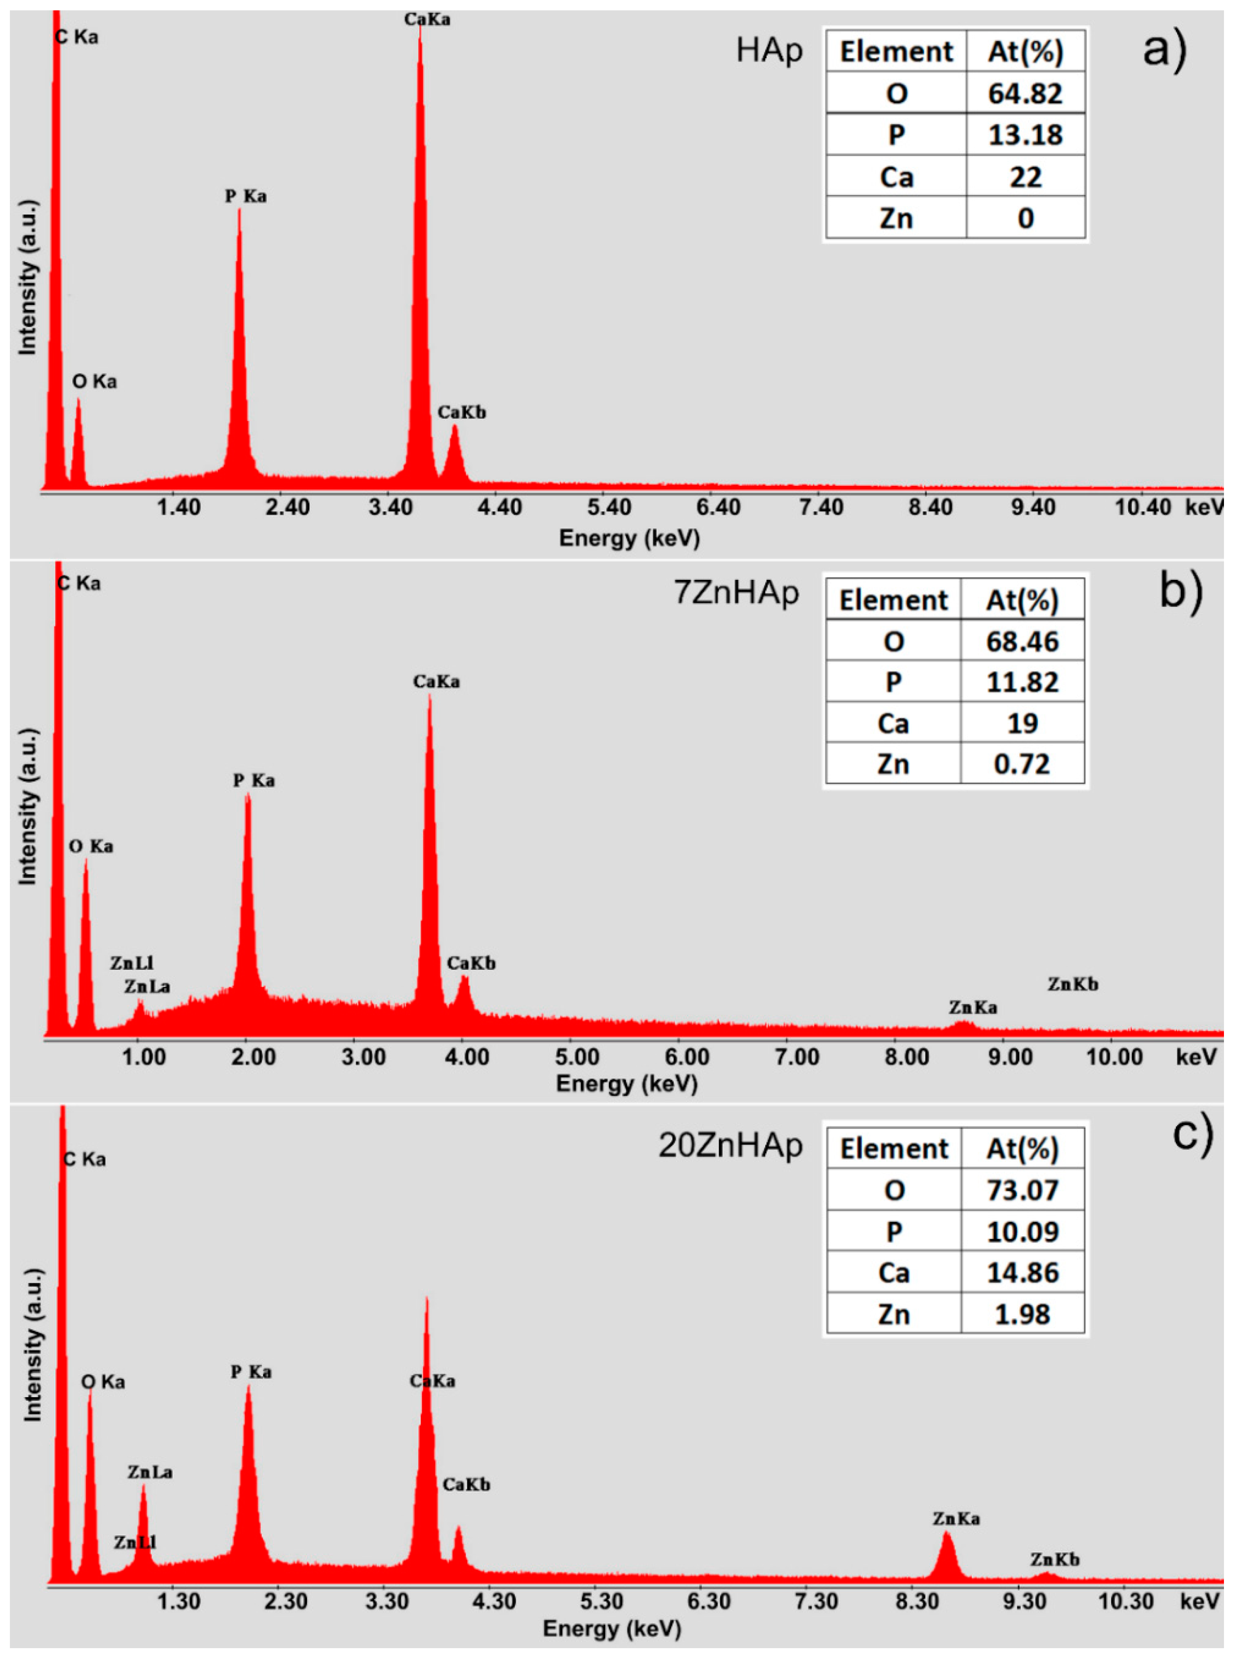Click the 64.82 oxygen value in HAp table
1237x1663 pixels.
[1024, 94]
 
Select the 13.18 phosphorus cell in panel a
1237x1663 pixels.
[1024, 135]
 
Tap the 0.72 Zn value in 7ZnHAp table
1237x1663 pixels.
[1021, 764]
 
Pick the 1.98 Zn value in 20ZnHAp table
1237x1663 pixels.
[1022, 1314]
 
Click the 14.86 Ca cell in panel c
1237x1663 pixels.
[1022, 1273]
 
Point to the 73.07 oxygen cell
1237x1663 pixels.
[1022, 1190]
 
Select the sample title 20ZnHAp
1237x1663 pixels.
[730, 1145]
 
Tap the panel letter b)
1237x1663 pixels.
[1181, 591]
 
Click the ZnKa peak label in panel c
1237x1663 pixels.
[956, 1519]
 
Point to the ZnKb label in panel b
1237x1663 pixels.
[1072, 984]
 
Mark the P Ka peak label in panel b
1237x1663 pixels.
[254, 780]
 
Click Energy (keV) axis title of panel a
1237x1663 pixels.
[629, 538]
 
